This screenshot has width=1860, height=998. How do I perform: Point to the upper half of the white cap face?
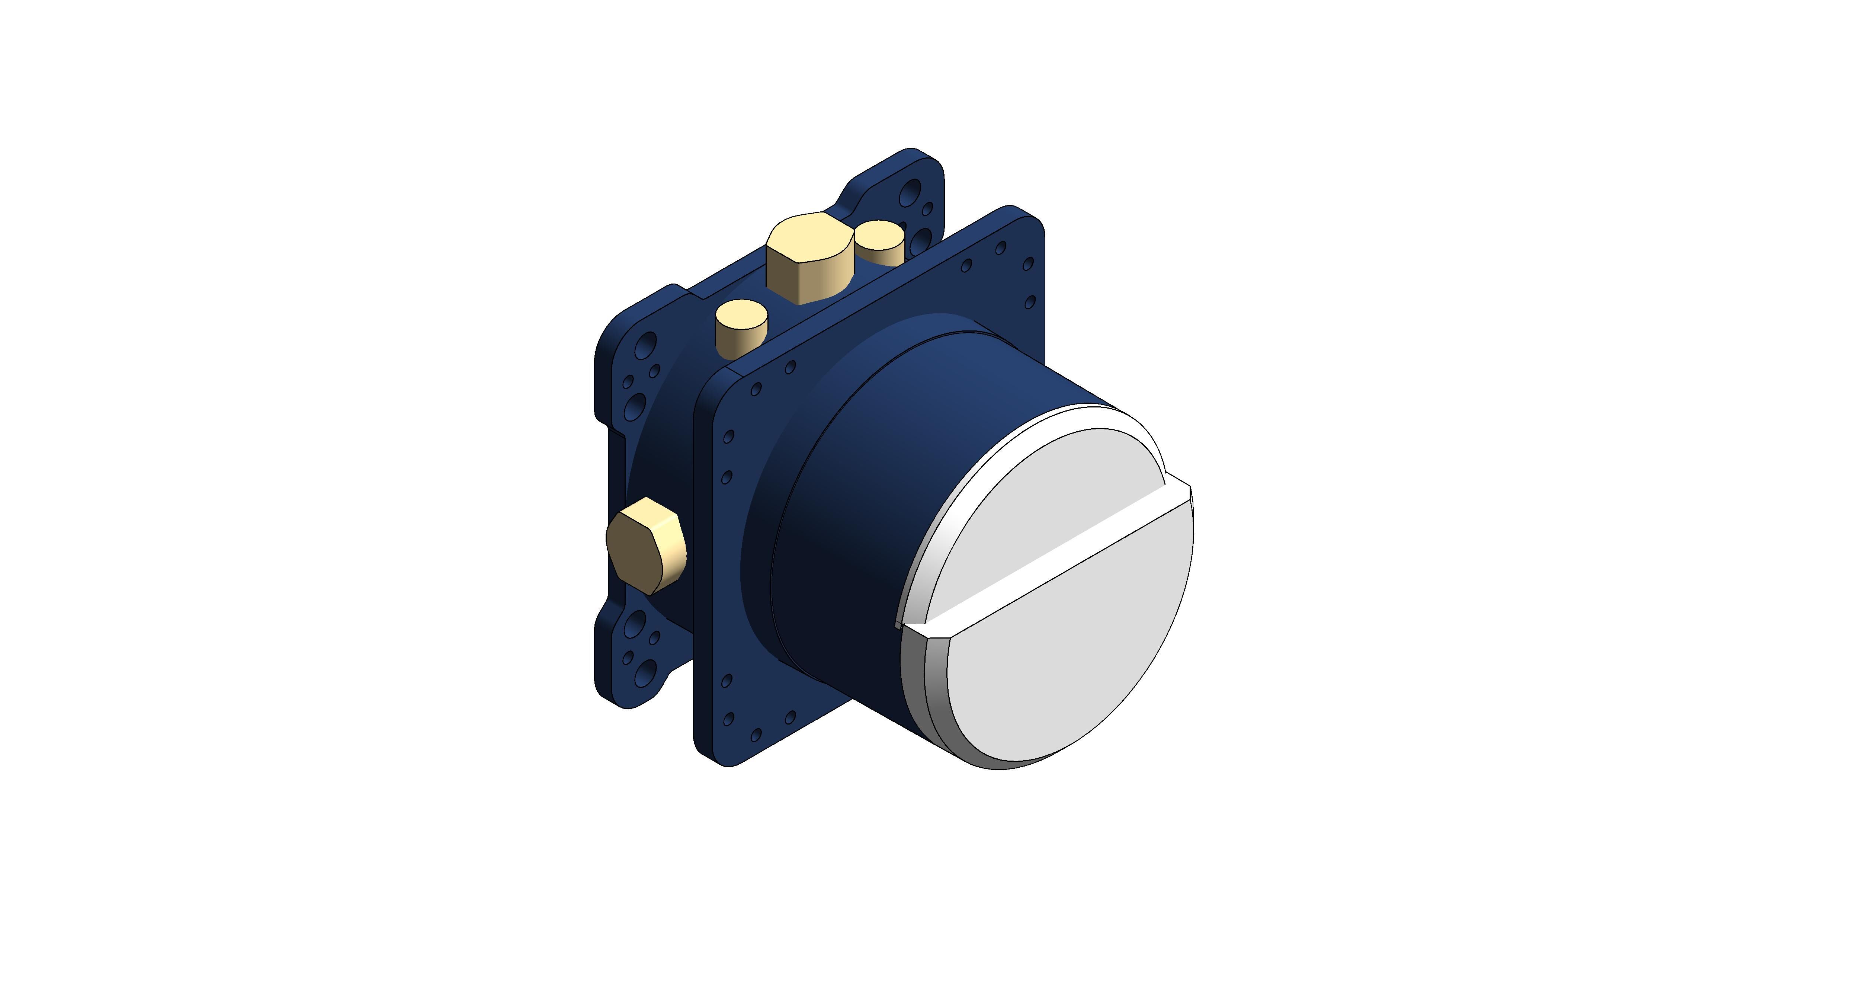point(1040,498)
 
